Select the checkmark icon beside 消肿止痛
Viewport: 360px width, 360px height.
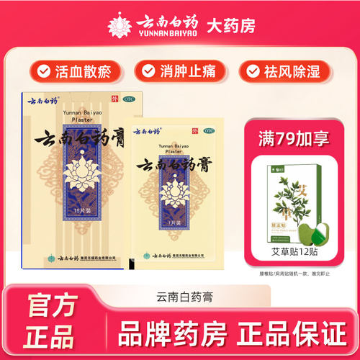click(x=148, y=71)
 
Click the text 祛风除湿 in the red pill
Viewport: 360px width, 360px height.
click(x=296, y=71)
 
